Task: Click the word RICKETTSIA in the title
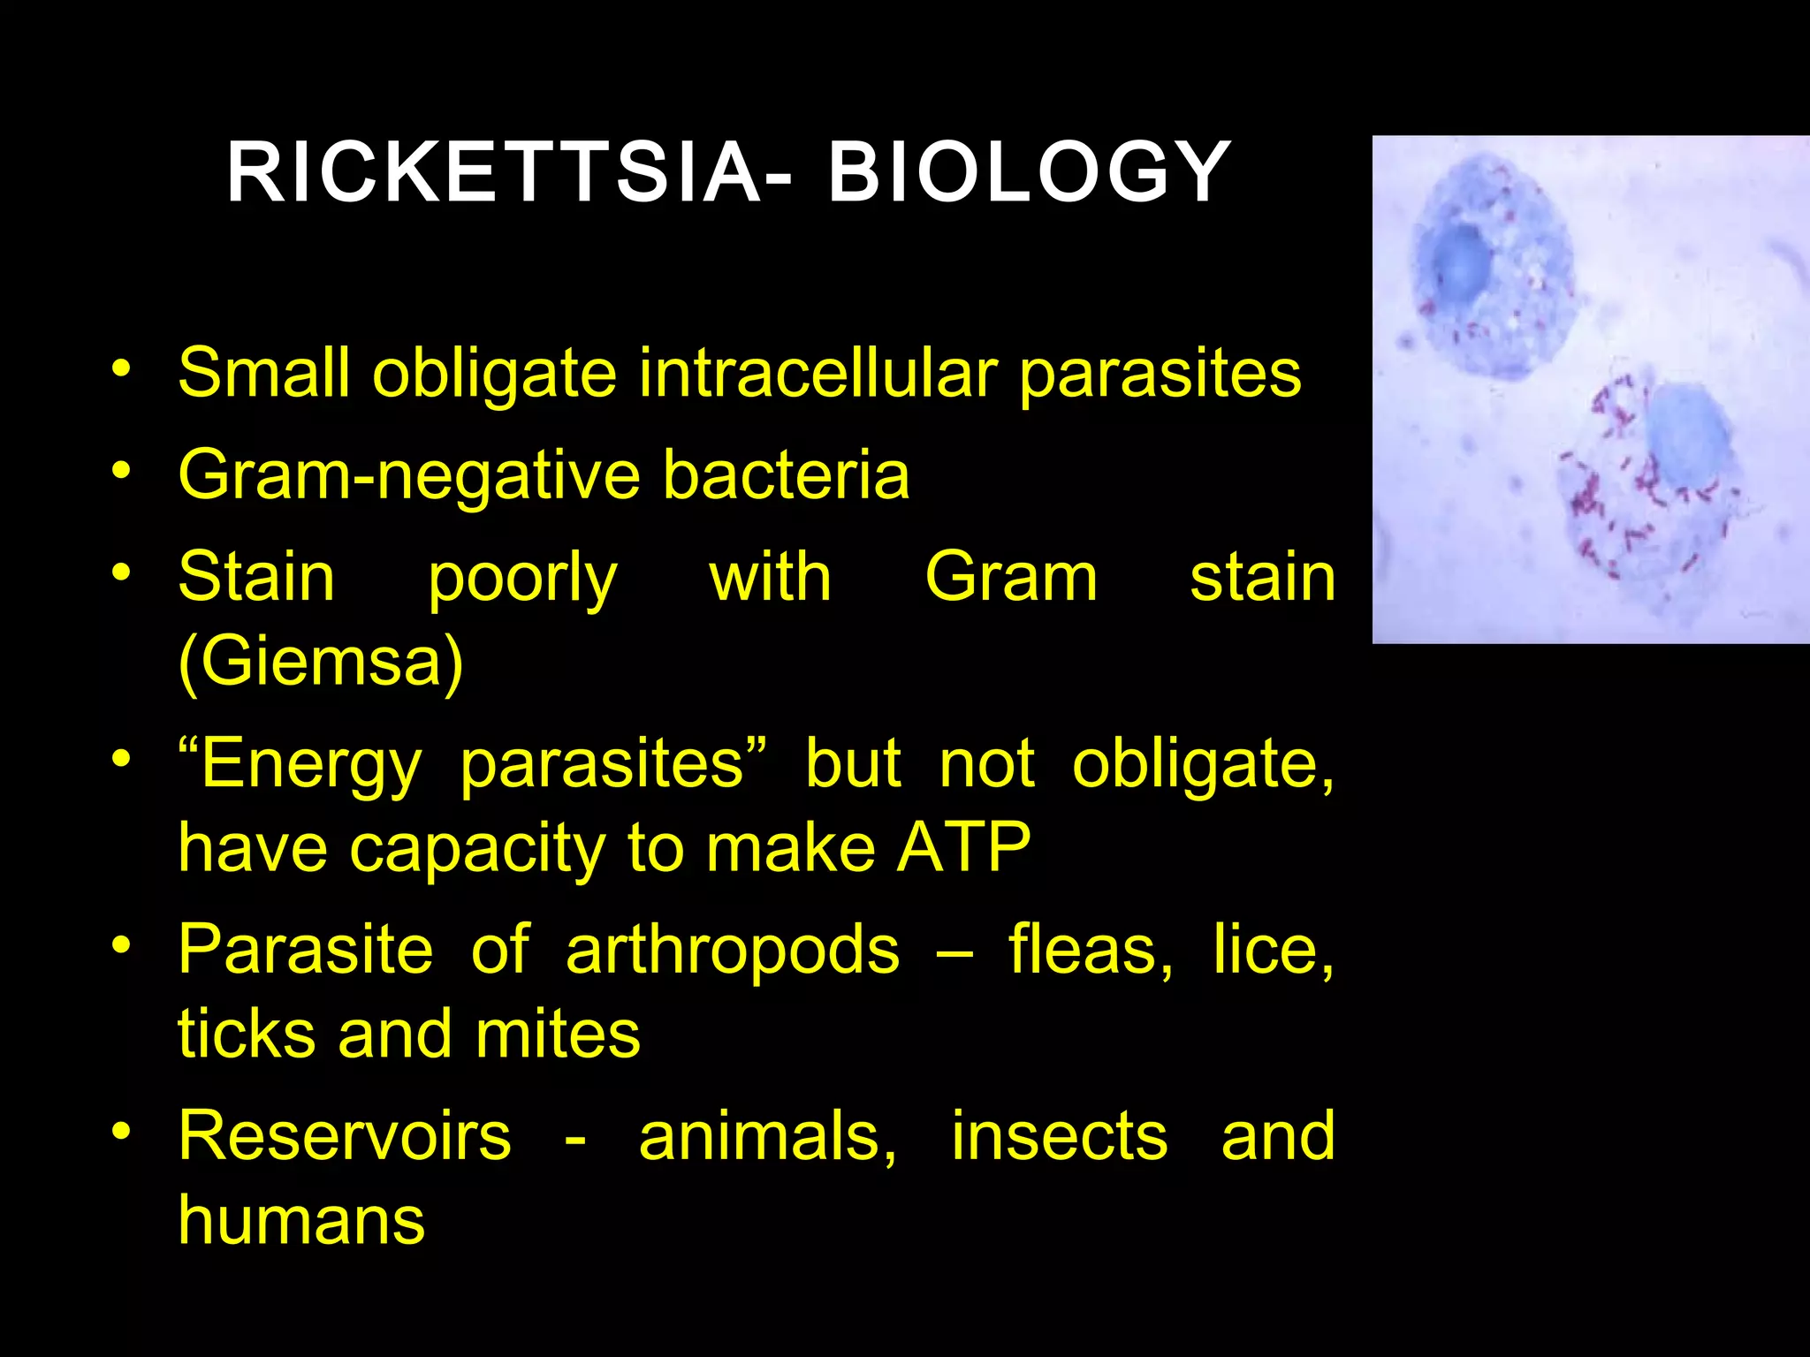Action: tap(495, 173)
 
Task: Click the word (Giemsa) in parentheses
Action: tap(320, 662)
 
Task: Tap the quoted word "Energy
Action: tap(300, 765)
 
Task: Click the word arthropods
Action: tap(732, 951)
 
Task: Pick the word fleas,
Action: tap(1091, 951)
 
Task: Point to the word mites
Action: tap(558, 1035)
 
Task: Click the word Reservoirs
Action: tap(345, 1137)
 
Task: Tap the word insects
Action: tap(1059, 1137)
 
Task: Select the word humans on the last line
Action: tap(301, 1222)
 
